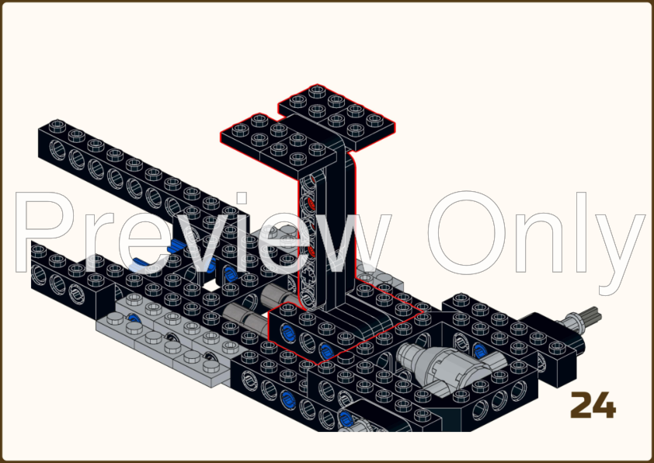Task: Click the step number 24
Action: (593, 404)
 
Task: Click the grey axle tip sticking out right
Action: (589, 317)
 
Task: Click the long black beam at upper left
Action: (140, 167)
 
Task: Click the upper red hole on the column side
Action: (311, 204)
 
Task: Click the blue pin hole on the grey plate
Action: (134, 319)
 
